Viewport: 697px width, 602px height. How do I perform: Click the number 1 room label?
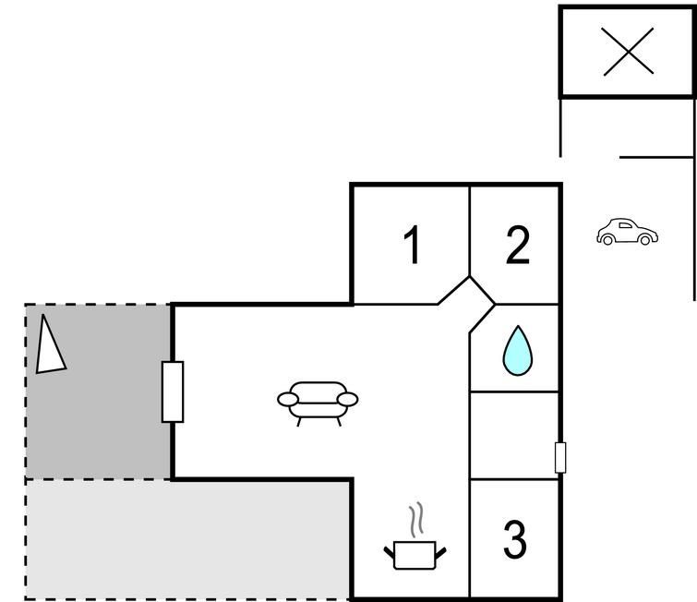click(x=413, y=245)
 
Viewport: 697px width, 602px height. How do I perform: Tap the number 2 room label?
click(x=518, y=245)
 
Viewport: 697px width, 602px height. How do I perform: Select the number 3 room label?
click(x=515, y=539)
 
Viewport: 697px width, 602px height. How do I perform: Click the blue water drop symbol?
click(x=517, y=351)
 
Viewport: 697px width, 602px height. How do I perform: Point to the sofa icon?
click(x=318, y=403)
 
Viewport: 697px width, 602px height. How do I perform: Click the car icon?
click(x=627, y=232)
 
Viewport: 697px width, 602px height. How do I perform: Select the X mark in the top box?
click(x=628, y=52)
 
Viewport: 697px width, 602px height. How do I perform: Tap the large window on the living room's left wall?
click(x=173, y=391)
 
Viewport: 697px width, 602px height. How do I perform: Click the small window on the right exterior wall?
click(x=560, y=458)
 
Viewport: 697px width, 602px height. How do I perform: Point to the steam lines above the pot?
click(x=416, y=520)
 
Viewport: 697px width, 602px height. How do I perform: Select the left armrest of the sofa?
click(x=288, y=399)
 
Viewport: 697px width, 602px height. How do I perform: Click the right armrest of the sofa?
click(x=348, y=399)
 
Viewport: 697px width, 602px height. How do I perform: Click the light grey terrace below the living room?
click(x=186, y=539)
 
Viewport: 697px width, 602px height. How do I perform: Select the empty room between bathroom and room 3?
click(x=514, y=436)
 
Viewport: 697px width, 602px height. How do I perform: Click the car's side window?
click(x=625, y=225)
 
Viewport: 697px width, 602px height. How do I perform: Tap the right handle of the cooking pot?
click(x=440, y=553)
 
